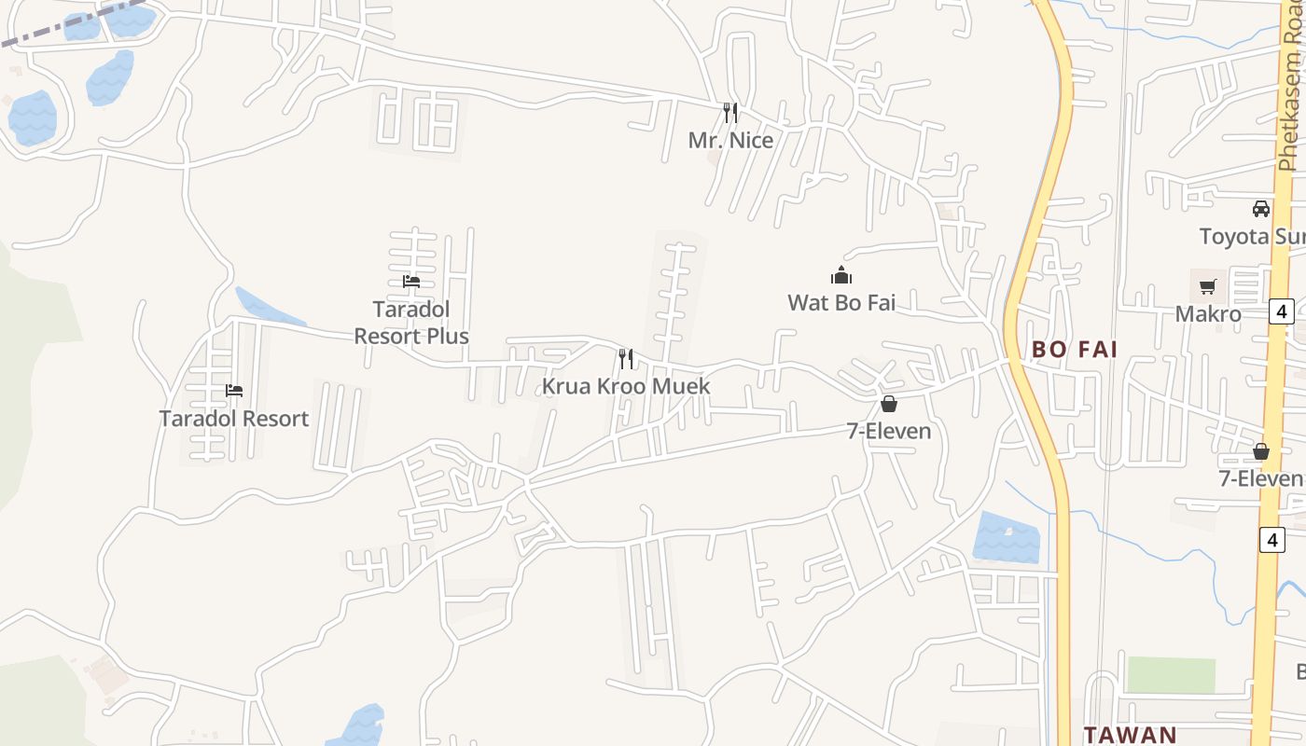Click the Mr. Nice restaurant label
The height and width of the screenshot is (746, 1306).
730,140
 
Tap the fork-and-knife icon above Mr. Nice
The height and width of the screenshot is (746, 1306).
730,113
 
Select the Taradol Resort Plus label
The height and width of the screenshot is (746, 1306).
411,322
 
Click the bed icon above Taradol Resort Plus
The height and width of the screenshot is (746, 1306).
411,281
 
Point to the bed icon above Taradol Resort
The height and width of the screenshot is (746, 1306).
234,390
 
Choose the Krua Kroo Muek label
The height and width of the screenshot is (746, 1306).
626,386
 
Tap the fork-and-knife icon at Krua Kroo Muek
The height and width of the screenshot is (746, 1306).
626,358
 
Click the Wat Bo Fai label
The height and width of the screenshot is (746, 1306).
841,302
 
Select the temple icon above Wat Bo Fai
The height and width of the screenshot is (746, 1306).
841,275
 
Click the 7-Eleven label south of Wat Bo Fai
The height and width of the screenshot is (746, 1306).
888,431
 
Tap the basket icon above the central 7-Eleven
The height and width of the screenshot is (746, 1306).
888,404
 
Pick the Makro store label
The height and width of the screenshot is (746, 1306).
1208,313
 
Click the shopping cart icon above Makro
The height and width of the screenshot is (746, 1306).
1208,286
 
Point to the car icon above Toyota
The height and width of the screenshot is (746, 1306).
1261,208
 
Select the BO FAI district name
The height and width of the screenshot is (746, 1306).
1075,350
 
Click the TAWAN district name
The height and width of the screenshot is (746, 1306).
1130,734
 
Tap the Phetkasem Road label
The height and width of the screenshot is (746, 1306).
1290,98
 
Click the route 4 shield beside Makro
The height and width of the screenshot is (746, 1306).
1282,311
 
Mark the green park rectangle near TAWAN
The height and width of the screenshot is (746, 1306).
1171,674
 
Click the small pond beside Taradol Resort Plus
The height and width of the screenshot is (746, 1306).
268,310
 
